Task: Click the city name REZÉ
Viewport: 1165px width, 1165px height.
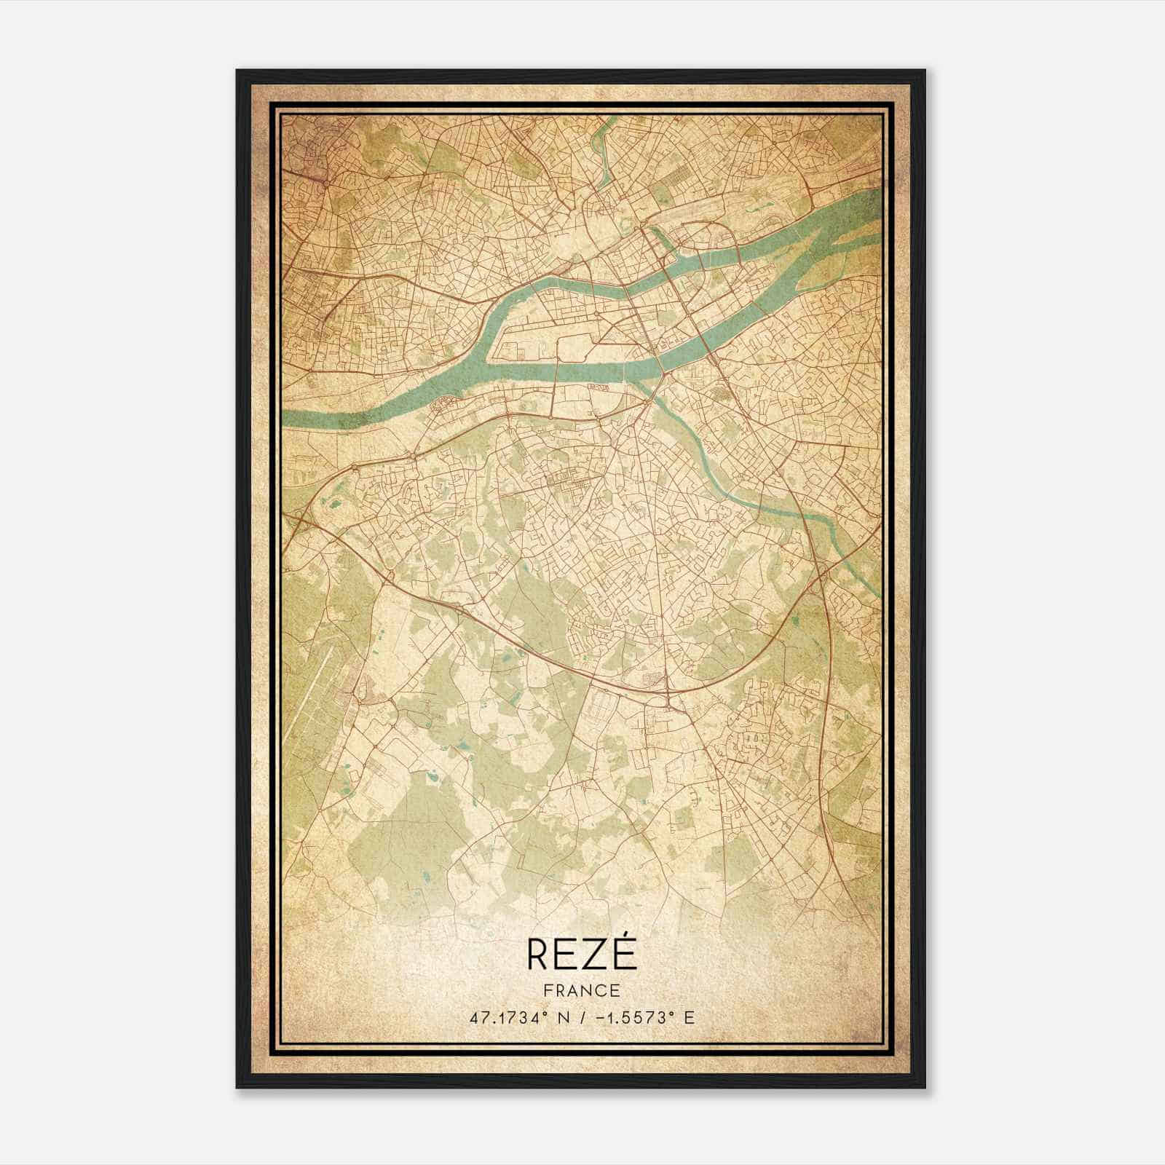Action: click(581, 955)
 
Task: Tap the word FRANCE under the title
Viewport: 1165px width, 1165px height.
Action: click(581, 990)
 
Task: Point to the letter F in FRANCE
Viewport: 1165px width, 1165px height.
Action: click(548, 990)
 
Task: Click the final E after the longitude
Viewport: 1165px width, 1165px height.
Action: click(690, 1017)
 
